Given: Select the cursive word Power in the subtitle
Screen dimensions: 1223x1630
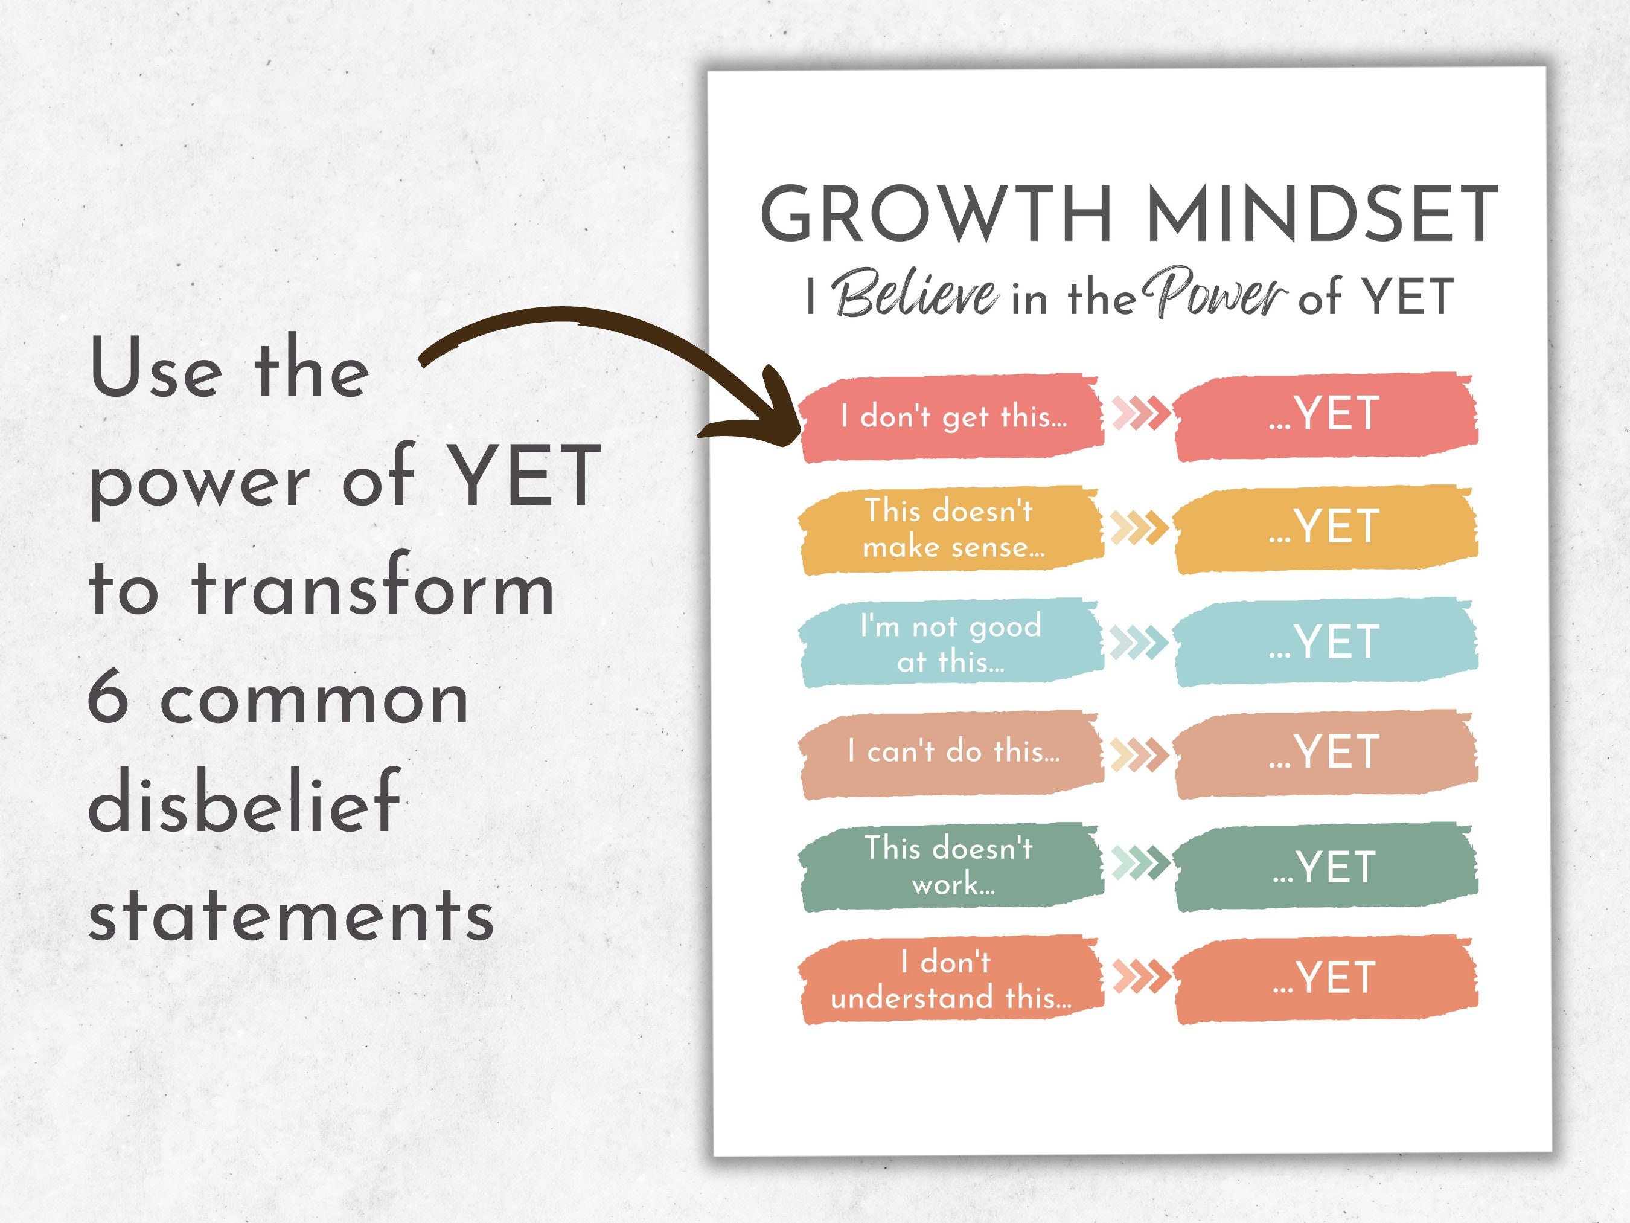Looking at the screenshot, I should (1215, 294).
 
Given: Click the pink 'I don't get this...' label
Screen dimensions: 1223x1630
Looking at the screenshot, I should (953, 418).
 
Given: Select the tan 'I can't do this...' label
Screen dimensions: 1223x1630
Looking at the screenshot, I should (953, 753).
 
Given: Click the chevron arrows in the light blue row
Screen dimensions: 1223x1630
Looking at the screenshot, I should (1139, 642).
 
